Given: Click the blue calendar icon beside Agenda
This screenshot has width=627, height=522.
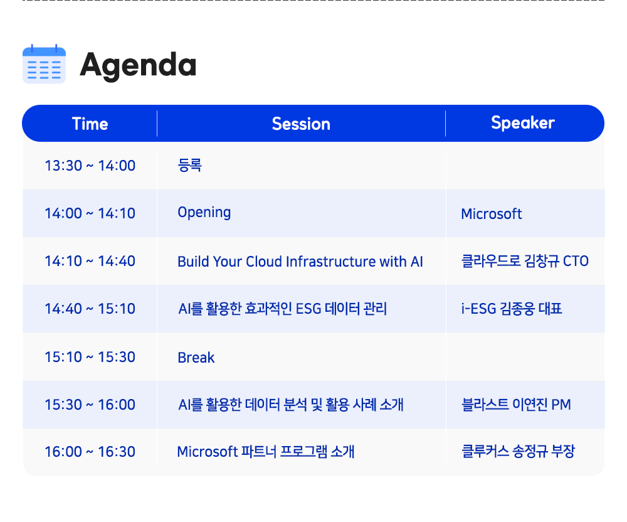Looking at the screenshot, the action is (44, 64).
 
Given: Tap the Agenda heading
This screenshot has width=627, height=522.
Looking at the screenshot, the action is (138, 65).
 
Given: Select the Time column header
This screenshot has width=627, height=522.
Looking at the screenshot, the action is (90, 124).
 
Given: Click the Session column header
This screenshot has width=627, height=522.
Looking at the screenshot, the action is (301, 124).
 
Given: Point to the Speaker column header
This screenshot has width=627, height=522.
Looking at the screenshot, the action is (523, 123).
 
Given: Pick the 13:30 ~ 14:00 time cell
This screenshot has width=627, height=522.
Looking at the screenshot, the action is (90, 166).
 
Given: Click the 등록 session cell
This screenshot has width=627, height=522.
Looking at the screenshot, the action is (190, 165).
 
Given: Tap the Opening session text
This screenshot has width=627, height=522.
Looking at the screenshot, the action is (204, 213).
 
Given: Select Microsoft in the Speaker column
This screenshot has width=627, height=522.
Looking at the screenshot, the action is (492, 213).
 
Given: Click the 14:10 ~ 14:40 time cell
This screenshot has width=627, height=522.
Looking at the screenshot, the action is (90, 261).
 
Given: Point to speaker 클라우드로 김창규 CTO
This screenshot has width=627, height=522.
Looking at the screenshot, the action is (525, 261).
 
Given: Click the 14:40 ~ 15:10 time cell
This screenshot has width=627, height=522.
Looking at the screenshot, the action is (90, 309).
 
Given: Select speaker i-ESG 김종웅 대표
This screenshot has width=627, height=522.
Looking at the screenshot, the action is (512, 309).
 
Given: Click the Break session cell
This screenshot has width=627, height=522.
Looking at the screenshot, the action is (196, 357).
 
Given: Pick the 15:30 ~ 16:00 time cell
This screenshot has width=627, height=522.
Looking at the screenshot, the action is (90, 405).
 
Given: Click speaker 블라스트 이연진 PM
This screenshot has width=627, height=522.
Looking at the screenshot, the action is (516, 404).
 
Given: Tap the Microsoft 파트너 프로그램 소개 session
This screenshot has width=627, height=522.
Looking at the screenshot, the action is (266, 452).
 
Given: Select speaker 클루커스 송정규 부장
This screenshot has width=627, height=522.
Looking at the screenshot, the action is (519, 451).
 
